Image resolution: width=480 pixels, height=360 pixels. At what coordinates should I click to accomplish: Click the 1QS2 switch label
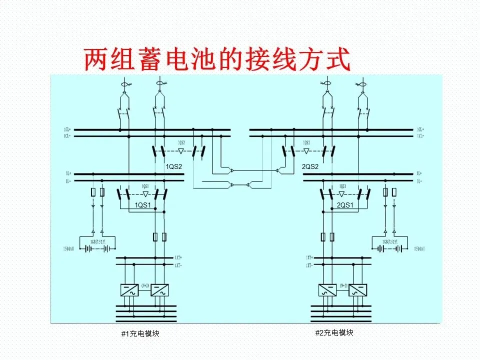[174, 166]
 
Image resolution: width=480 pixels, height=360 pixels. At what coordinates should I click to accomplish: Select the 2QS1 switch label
[345, 205]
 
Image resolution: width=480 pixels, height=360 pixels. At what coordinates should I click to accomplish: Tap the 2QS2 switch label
[310, 166]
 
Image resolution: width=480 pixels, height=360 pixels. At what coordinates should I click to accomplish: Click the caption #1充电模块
[140, 333]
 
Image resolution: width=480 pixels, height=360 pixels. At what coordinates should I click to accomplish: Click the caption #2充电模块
[334, 332]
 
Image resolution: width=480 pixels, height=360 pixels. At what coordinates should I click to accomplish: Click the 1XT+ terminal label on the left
[177, 257]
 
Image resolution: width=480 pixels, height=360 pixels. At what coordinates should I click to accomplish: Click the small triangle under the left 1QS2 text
[181, 150]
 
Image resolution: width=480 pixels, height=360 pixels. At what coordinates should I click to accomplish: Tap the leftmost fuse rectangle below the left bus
[92, 192]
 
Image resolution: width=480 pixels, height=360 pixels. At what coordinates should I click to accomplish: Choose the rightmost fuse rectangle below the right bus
[394, 192]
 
